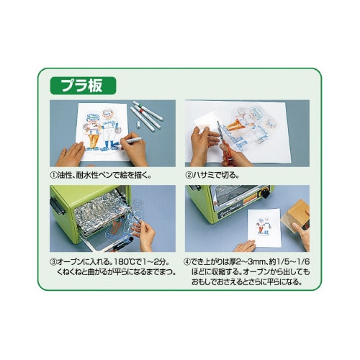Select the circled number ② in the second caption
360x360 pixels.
pos(189,175)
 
